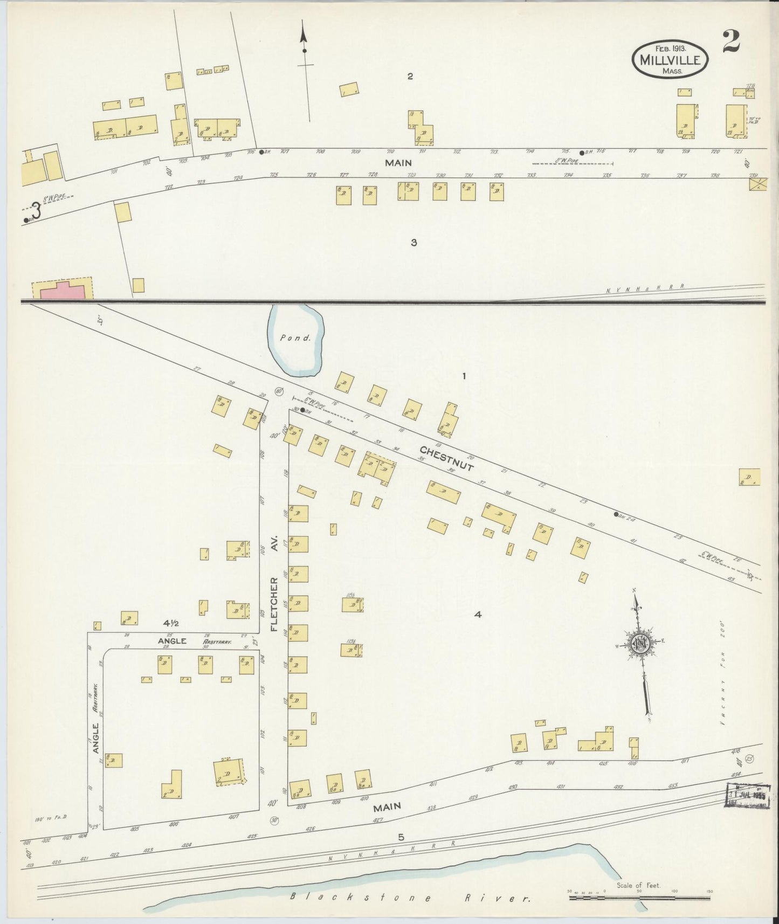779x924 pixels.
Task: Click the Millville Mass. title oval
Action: click(670, 60)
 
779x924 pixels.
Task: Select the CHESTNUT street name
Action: click(446, 458)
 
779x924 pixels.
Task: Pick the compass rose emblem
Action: click(642, 644)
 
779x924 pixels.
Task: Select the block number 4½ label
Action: click(171, 623)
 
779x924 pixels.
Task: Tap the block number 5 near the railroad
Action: click(401, 837)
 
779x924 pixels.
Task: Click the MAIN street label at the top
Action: click(398, 163)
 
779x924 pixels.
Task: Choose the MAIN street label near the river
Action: click(387, 806)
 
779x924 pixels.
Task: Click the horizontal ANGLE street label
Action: click(172, 641)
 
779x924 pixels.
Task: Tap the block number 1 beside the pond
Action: click(463, 376)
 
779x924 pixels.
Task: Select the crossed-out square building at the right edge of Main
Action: click(757, 185)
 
